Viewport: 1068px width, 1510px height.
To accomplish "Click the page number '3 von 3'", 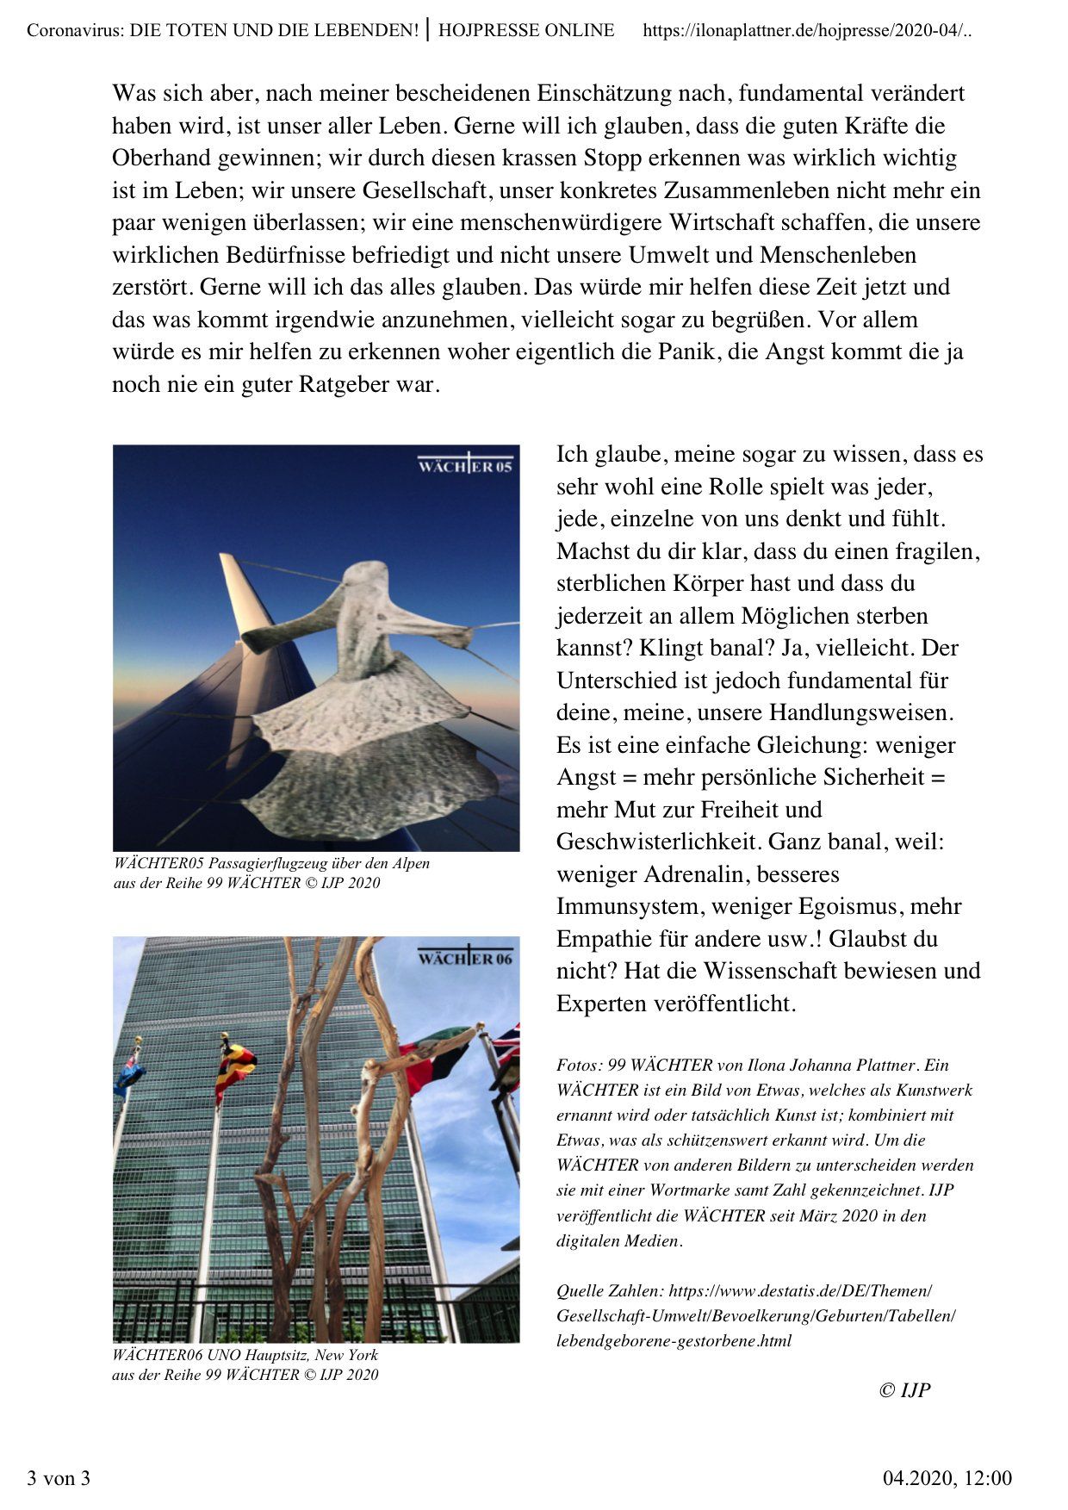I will (59, 1479).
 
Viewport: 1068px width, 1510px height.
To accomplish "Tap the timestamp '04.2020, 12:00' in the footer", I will (947, 1479).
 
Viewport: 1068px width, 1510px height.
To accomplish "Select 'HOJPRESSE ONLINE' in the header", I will (526, 31).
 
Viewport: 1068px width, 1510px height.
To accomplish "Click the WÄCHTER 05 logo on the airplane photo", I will (465, 465).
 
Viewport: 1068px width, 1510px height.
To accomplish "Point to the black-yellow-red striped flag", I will (235, 1068).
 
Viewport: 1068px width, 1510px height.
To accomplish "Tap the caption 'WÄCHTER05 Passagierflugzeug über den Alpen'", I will (271, 863).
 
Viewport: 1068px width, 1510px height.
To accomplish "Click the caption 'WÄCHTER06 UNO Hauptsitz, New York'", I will (245, 1355).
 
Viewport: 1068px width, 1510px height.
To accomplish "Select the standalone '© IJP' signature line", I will (904, 1390).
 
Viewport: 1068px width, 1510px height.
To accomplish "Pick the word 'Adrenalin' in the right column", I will (699, 874).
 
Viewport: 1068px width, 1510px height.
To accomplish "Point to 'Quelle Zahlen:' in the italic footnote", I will (610, 1291).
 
